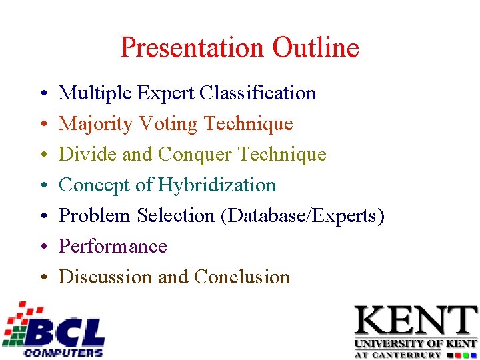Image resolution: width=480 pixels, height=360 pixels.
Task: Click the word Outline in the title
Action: point(315,49)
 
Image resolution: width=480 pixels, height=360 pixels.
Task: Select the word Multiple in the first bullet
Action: point(95,93)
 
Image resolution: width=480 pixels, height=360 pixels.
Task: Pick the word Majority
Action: point(95,124)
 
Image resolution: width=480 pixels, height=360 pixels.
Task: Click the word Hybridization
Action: point(216,185)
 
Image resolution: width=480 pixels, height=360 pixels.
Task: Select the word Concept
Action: point(95,185)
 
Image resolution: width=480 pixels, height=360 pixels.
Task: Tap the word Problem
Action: point(95,216)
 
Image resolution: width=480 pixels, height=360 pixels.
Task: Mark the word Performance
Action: point(113,247)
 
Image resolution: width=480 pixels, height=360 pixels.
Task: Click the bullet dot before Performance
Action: point(42,247)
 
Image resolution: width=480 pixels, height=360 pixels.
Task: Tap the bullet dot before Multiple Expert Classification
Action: point(42,94)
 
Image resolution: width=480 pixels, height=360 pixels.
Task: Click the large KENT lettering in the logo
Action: point(415,321)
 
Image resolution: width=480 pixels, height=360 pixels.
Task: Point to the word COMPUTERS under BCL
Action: point(63,352)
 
